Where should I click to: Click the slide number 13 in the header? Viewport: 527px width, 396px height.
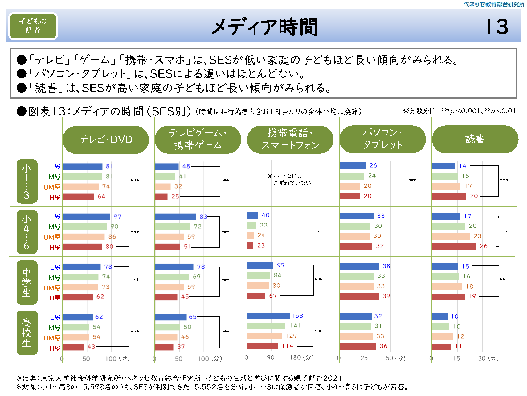pyautogui.click(x=497, y=27)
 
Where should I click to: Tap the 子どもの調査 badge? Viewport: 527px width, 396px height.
pyautogui.click(x=33, y=26)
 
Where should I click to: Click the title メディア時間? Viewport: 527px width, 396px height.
pyautogui.click(x=265, y=27)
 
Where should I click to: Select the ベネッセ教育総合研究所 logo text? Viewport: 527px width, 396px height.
pyautogui.click(x=493, y=4)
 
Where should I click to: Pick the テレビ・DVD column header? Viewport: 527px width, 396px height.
pyautogui.click(x=105, y=140)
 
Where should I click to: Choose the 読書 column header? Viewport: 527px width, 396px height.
pyautogui.click(x=475, y=139)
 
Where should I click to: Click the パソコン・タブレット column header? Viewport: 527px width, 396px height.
pyautogui.click(x=382, y=139)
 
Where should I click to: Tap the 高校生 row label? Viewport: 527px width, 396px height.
pyautogui.click(x=27, y=332)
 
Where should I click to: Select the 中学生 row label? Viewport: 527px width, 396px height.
pyautogui.click(x=27, y=282)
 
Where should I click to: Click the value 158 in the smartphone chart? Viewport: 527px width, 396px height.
pyautogui.click(x=297, y=316)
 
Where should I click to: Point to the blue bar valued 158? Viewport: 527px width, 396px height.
pyautogui.click(x=268, y=316)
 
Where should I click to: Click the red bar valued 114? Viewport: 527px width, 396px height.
pyautogui.click(x=262, y=346)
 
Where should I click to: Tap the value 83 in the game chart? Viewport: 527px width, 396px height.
pyautogui.click(x=203, y=217)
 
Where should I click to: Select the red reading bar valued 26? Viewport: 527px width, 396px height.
pyautogui.click(x=454, y=246)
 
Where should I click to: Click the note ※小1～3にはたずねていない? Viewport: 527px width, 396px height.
pyautogui.click(x=289, y=179)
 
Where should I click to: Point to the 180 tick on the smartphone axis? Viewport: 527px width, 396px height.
pyautogui.click(x=295, y=357)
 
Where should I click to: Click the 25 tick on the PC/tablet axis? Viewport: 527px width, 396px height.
pyautogui.click(x=364, y=358)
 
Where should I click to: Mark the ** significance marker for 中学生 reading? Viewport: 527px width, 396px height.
pyautogui.click(x=502, y=279)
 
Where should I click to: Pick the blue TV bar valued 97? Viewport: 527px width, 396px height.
pyautogui.click(x=86, y=217)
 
